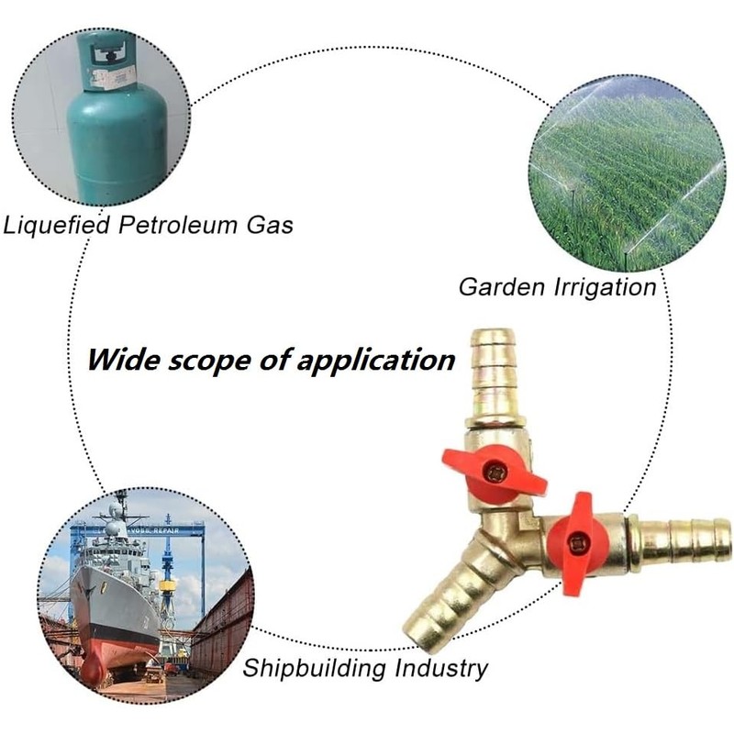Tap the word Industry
[x=439, y=668]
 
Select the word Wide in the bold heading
[x=119, y=359]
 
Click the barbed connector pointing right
[x=683, y=541]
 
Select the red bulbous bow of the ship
[x=92, y=671]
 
